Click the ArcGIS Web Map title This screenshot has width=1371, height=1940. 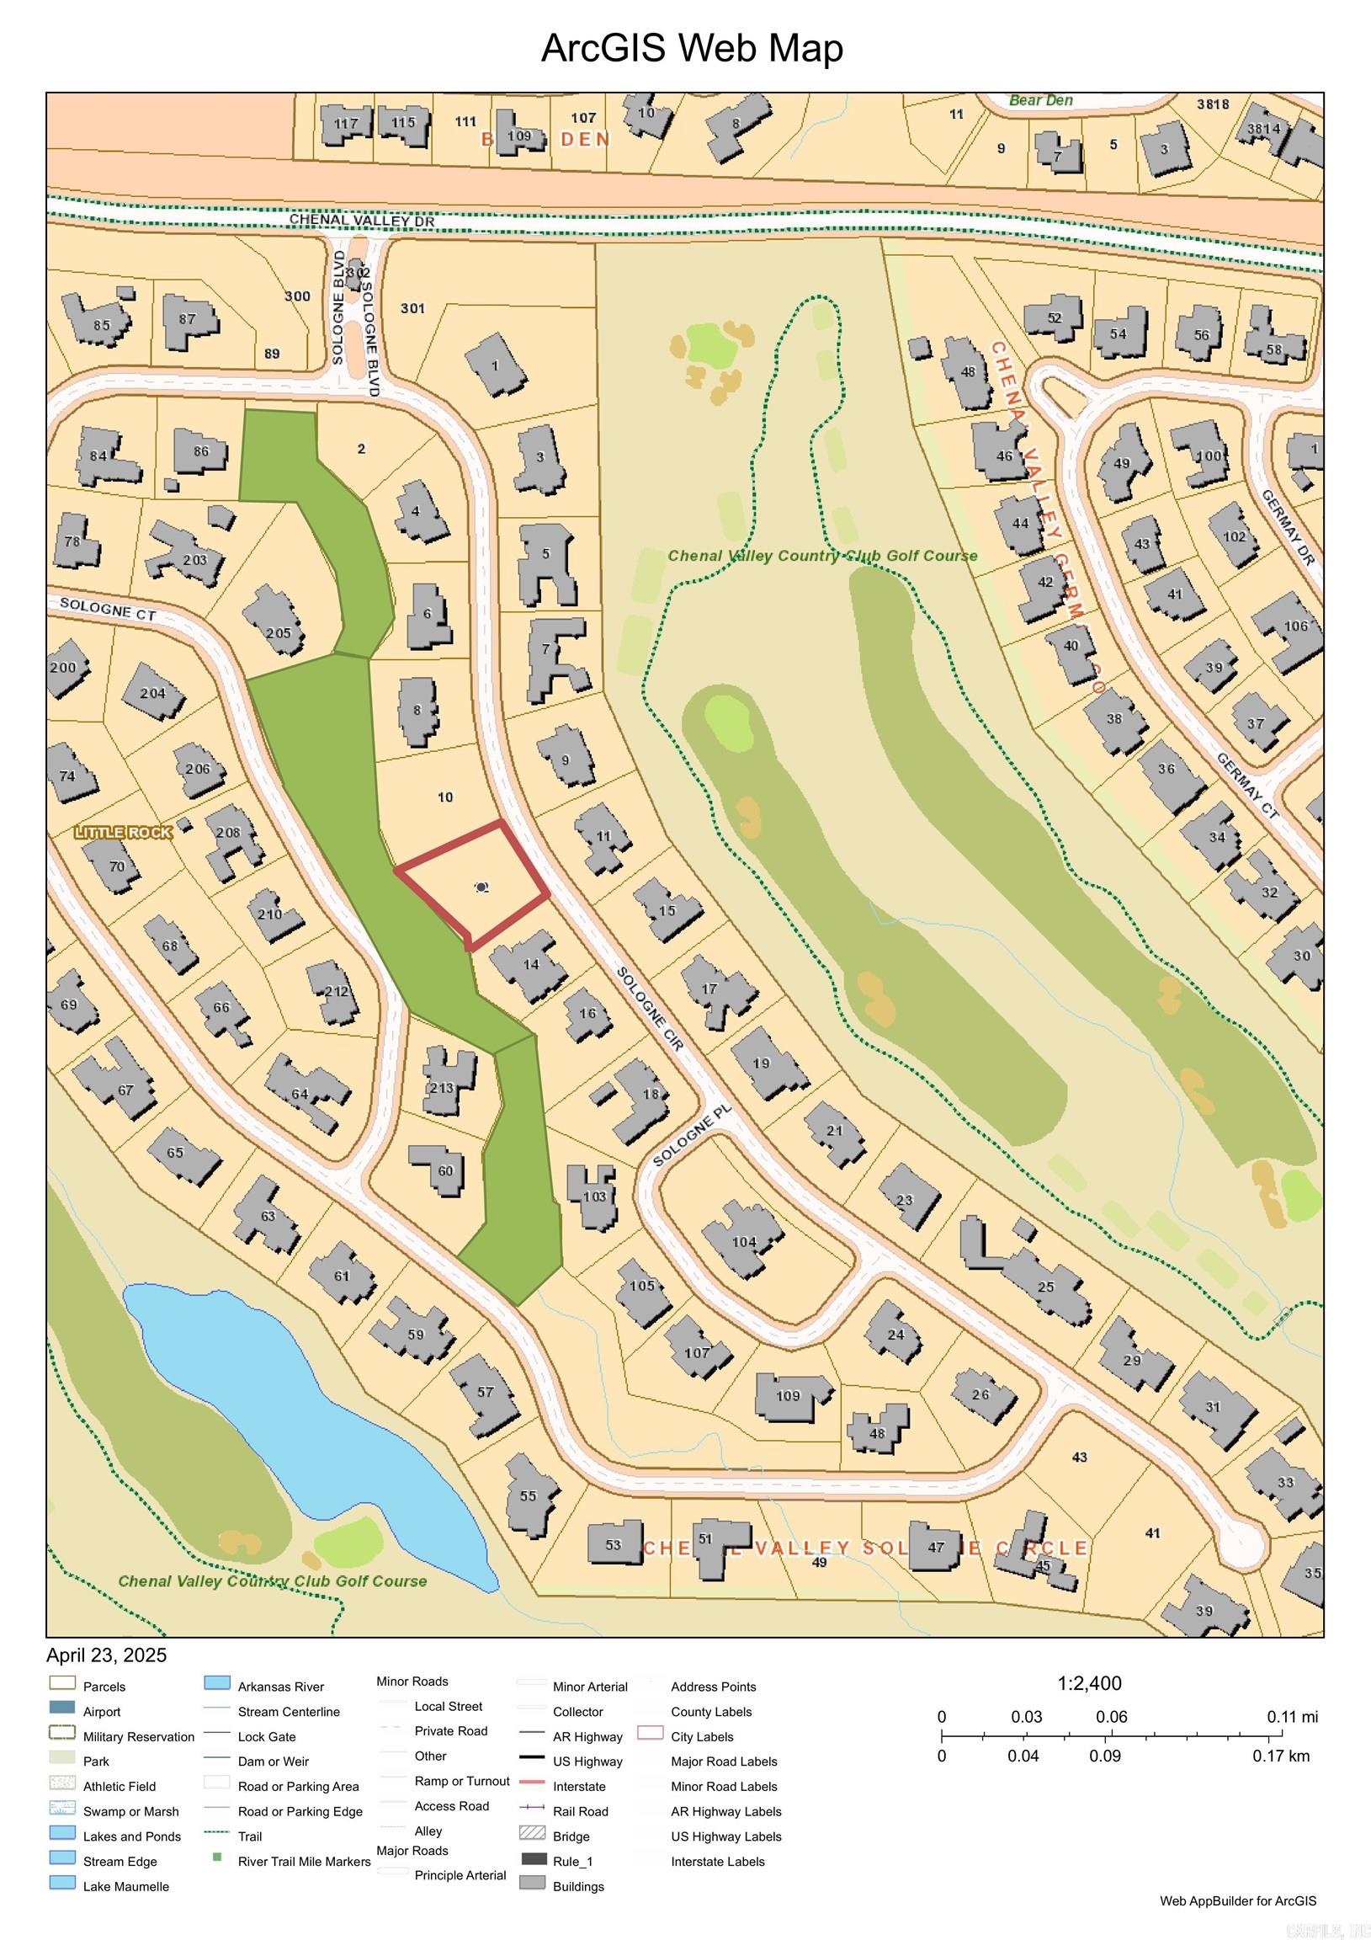(691, 48)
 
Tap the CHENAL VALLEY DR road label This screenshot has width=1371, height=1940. (362, 221)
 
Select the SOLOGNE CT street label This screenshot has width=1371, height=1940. (107, 610)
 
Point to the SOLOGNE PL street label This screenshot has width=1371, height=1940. (690, 1138)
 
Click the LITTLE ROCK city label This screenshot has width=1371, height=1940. (124, 832)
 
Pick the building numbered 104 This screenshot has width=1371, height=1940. (743, 1241)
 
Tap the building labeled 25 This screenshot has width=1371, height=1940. (1046, 1287)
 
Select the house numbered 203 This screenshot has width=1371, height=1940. (194, 559)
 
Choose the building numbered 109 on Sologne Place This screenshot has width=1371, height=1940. (788, 1395)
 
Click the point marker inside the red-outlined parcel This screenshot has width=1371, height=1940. (482, 887)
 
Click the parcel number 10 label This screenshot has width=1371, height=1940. (445, 797)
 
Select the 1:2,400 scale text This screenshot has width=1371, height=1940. (1089, 1683)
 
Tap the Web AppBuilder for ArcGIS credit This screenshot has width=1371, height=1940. (1236, 1901)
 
